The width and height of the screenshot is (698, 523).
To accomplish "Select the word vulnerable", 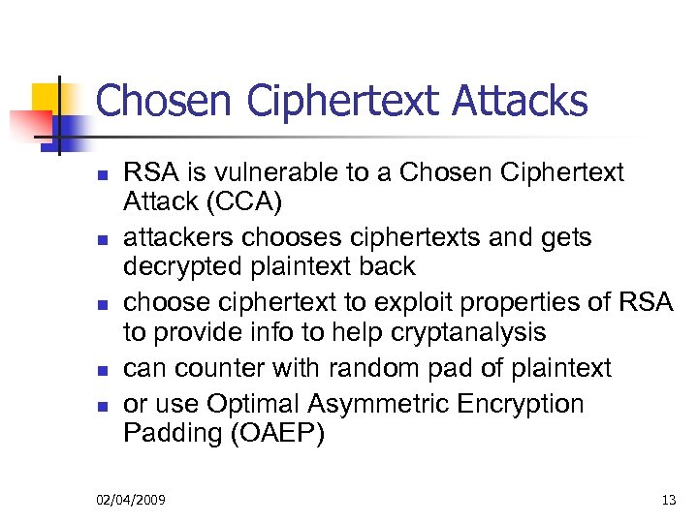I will [268, 173].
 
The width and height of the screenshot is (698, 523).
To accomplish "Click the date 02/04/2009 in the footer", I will [131, 500].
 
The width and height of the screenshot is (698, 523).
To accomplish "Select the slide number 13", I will [668, 500].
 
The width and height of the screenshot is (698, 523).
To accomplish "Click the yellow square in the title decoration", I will [48, 97].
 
